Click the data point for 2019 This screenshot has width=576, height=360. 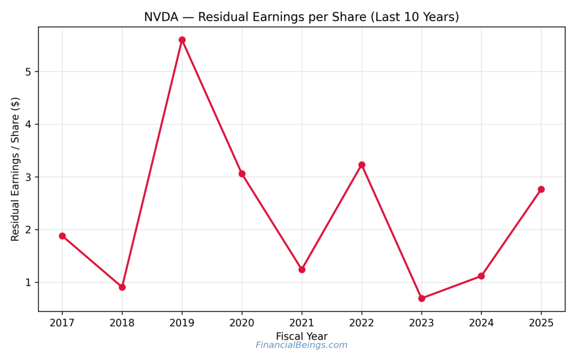(x=182, y=40)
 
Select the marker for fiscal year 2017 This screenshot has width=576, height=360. (x=62, y=236)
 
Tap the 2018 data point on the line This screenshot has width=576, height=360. (x=122, y=287)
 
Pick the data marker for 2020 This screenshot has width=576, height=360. (x=242, y=174)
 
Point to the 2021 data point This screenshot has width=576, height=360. (x=301, y=269)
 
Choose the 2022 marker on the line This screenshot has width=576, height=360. (x=362, y=165)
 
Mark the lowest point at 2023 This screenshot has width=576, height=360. (x=421, y=298)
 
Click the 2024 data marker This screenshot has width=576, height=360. (x=481, y=276)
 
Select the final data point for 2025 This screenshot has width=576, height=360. (x=541, y=189)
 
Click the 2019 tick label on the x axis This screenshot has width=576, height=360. (x=182, y=323)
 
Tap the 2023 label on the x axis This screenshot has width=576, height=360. (x=421, y=323)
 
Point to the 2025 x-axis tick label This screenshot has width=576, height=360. (x=541, y=323)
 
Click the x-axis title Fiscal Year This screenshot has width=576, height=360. (x=301, y=336)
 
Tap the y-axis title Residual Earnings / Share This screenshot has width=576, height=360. (x=15, y=169)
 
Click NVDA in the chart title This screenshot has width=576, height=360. (x=160, y=17)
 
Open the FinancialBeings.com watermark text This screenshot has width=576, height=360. (x=301, y=345)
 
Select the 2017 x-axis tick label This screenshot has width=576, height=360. (x=62, y=323)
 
